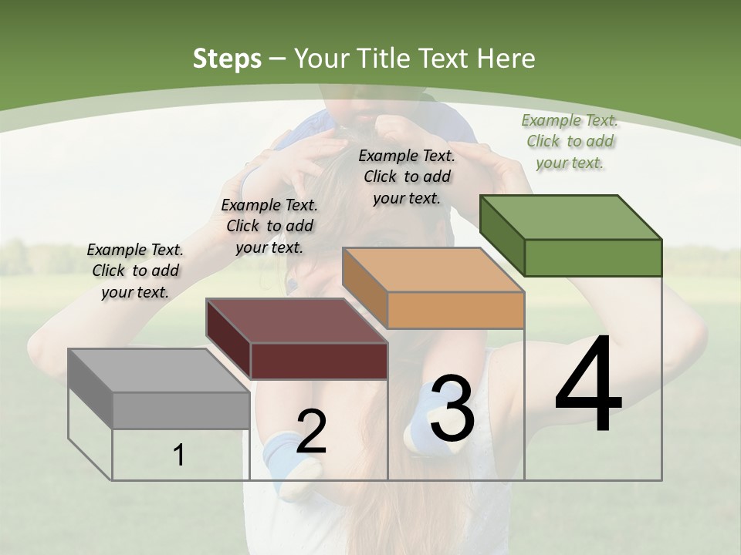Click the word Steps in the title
[227, 59]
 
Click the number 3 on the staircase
[452, 409]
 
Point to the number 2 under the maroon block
[311, 432]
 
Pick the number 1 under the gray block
[179, 456]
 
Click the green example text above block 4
[570, 141]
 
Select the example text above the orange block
[407, 177]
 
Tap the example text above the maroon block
[269, 226]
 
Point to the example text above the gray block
[135, 271]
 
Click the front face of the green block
[593, 257]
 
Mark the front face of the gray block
[181, 410]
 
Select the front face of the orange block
[455, 310]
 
